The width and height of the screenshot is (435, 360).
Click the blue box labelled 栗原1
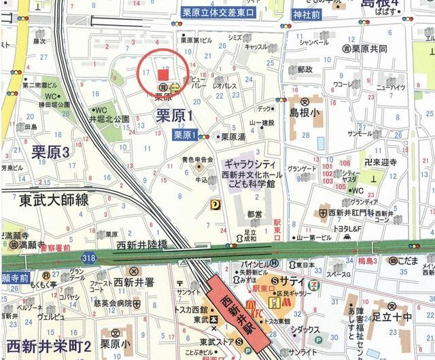(x=184, y=135)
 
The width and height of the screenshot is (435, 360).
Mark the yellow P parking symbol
(x=215, y=202)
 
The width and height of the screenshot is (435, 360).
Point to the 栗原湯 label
(x=232, y=137)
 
